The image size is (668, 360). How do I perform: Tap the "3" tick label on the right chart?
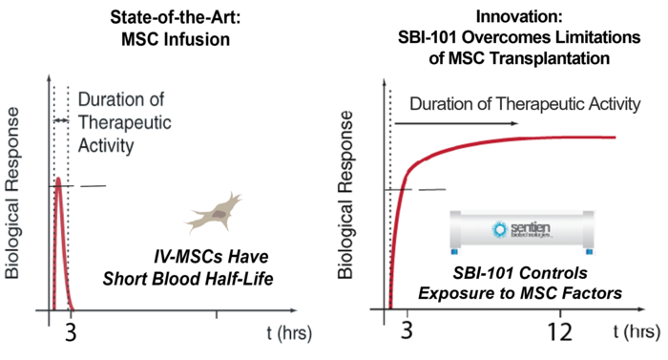tap(408, 331)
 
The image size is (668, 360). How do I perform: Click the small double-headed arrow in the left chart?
tap(59, 119)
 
